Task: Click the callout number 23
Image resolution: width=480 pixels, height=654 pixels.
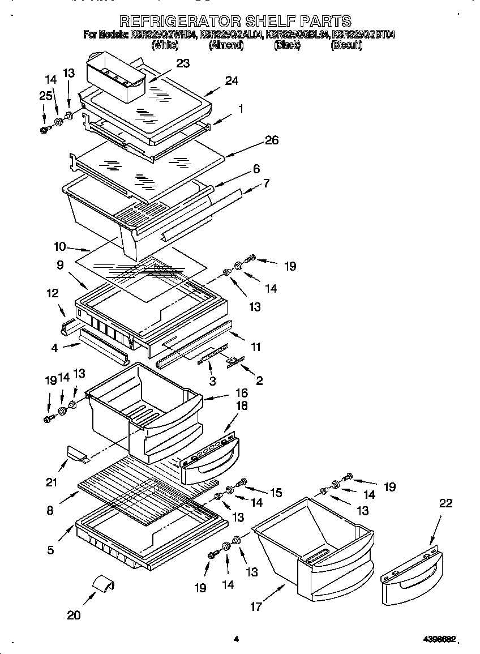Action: coord(182,63)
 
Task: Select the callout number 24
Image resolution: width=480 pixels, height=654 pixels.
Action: coord(231,81)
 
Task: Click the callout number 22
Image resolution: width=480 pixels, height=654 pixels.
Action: coord(445,503)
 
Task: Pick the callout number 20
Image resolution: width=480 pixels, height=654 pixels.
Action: coord(74,615)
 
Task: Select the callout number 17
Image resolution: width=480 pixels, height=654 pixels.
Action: coord(256,607)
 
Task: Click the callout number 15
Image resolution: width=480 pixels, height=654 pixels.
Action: coord(275,493)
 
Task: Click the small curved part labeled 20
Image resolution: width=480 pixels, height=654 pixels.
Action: coord(104,583)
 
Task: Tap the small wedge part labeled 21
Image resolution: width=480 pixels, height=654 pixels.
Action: coord(75,453)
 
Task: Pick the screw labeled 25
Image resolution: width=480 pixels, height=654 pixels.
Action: coord(45,130)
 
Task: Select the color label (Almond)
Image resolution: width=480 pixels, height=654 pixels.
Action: coord(226,46)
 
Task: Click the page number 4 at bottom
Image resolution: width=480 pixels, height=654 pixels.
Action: coord(236,639)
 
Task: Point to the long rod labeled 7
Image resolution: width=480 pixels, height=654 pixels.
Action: coord(209,216)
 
